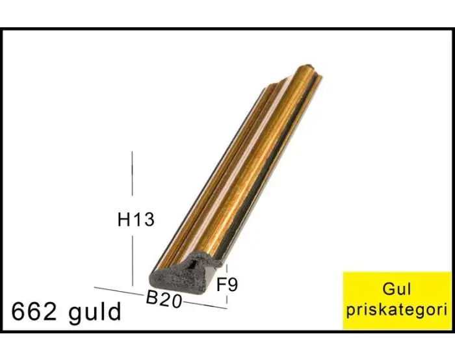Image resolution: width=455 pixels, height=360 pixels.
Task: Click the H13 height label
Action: pos(136,220)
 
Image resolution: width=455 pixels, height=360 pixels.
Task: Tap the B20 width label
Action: pos(163,300)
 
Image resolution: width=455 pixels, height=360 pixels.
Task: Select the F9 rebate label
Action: pos(227,285)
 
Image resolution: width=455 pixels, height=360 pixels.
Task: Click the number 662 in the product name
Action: pos(36,312)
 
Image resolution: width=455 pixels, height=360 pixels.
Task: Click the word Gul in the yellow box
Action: pos(397,289)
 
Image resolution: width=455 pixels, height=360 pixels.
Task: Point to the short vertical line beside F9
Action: pos(227,270)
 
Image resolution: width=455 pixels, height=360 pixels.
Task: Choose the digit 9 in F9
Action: pos(233,285)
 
